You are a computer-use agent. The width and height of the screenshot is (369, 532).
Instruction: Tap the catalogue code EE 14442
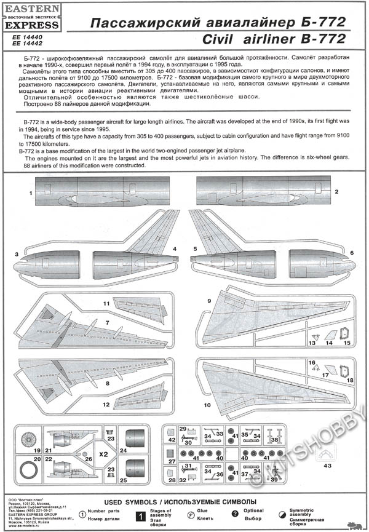tap(23, 44)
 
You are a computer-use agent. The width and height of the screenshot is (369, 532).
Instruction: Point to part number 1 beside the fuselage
tap(30, 193)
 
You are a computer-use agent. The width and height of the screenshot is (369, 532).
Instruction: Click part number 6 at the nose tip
tap(352, 253)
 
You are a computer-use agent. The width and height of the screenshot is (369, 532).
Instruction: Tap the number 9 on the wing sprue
tap(209, 301)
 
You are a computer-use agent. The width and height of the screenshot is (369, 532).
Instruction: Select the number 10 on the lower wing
tap(207, 405)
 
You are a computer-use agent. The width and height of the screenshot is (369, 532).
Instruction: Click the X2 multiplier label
tap(103, 454)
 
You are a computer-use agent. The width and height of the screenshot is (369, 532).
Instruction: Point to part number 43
tap(326, 466)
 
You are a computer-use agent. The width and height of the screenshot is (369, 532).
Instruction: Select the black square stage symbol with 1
tap(143, 514)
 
